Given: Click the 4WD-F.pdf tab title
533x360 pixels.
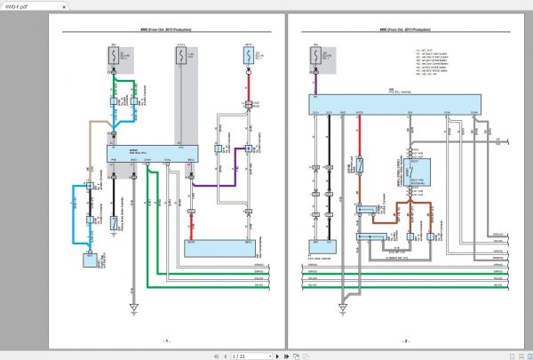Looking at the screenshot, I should click(x=19, y=5).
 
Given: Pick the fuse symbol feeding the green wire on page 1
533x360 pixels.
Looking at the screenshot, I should click(x=114, y=58).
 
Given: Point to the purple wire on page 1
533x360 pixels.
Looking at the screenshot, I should click(x=218, y=186).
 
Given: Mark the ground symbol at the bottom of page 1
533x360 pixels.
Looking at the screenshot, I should click(x=132, y=308).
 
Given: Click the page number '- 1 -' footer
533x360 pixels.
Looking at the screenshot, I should click(x=166, y=340).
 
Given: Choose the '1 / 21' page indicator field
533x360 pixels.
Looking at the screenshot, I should click(x=239, y=355).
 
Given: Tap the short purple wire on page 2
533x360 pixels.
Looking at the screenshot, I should click(x=314, y=86).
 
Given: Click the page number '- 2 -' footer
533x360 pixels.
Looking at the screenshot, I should click(x=405, y=340).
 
